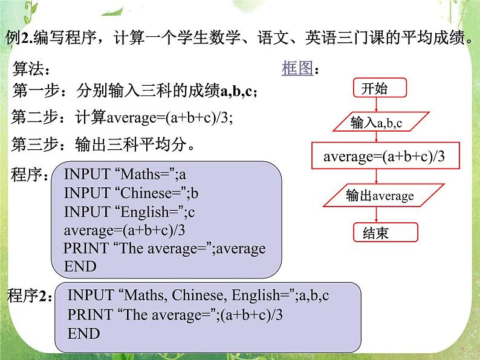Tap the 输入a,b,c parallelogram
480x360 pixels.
[x=377, y=123]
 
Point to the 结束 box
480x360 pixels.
[x=376, y=233]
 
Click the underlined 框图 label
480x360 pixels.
[x=297, y=68]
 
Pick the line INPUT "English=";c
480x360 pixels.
[x=129, y=212]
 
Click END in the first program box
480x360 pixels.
[x=80, y=266]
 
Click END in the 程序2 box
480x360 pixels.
[x=83, y=333]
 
